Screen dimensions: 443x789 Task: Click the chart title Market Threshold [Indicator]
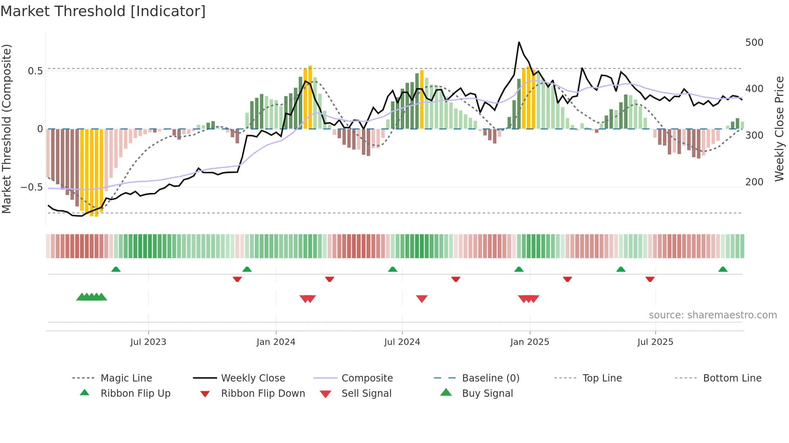[103, 11]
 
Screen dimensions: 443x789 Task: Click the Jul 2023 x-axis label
[148, 342]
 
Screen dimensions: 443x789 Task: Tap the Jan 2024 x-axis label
[276, 342]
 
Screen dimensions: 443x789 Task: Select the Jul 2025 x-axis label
[655, 342]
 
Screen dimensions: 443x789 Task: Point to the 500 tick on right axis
[754, 43]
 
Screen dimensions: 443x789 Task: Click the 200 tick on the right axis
[754, 182]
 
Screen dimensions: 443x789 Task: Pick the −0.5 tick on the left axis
[31, 187]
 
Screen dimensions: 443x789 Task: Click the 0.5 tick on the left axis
[35, 71]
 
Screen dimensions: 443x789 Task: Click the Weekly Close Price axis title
[779, 129]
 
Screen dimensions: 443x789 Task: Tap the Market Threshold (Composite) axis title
[6, 129]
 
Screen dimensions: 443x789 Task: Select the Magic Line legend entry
[126, 378]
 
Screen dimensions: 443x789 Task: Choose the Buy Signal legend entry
[487, 394]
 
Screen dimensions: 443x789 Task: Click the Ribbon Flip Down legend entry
[263, 394]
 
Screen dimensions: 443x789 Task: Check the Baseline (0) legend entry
[490, 378]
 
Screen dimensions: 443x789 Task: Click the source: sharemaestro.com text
[713, 315]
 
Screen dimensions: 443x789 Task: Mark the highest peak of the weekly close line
[519, 42]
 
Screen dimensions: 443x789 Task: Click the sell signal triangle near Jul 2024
[421, 299]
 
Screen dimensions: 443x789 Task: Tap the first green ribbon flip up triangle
[116, 269]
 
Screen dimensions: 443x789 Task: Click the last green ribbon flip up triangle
[723, 269]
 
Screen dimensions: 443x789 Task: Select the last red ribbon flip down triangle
[650, 279]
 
